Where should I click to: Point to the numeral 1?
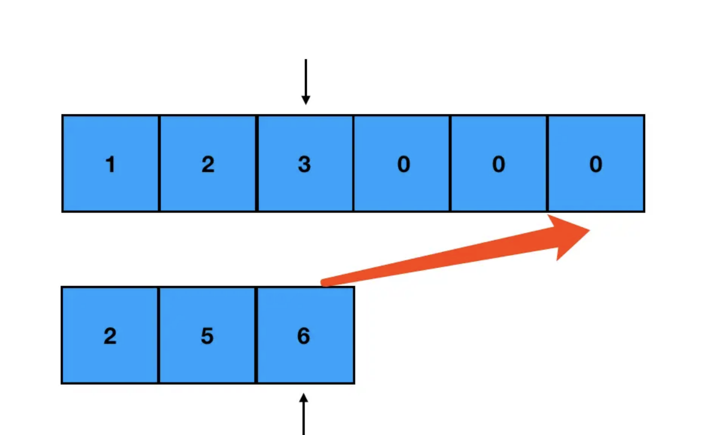coord(111,165)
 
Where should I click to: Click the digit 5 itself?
coord(207,337)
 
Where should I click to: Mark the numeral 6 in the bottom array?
coord(304,337)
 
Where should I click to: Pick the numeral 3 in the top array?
coord(305,165)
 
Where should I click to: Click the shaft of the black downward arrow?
coord(306,76)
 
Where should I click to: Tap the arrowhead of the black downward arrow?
coord(306,101)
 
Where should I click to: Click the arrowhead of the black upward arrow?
coord(304,398)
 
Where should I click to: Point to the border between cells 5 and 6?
coord(257,335)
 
